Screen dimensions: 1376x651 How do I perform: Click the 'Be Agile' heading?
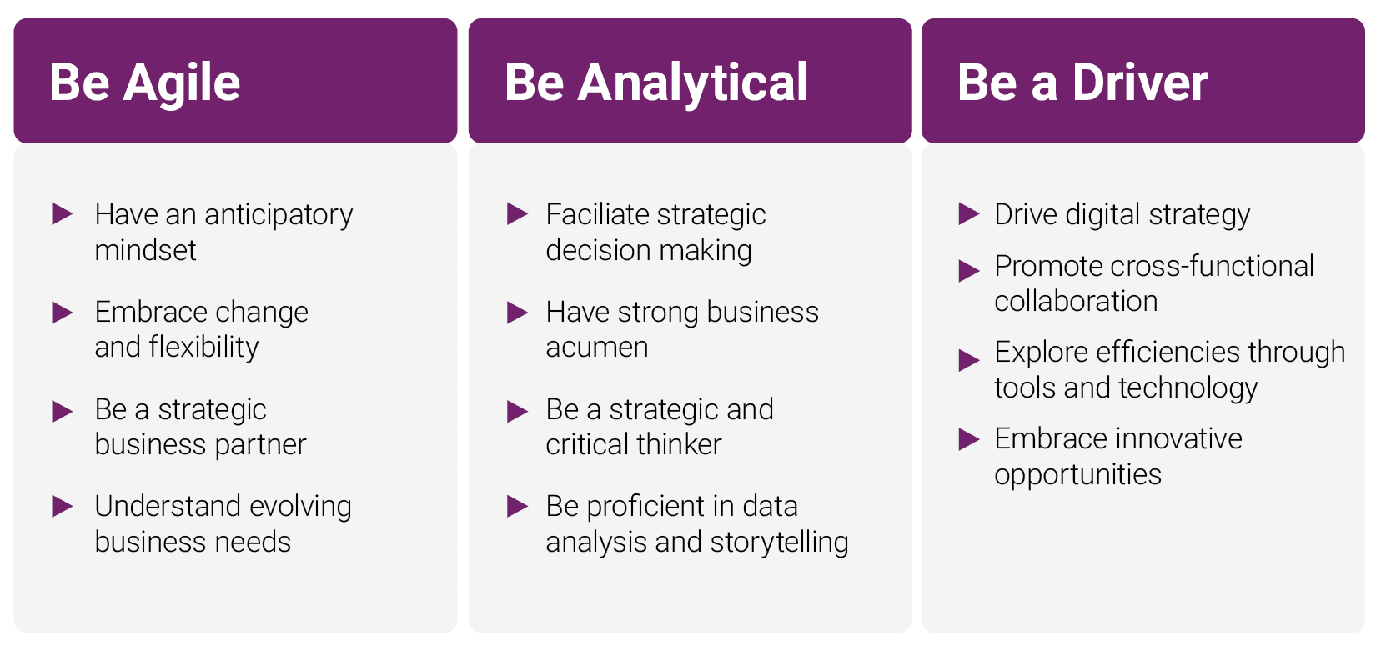(144, 83)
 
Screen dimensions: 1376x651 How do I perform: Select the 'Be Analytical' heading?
(656, 83)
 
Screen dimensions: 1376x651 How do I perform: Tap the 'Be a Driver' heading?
(1082, 83)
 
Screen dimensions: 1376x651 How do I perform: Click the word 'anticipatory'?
(279, 216)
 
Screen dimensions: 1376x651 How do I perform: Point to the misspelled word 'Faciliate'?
(597, 214)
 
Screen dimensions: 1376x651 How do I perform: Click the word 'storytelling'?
(779, 543)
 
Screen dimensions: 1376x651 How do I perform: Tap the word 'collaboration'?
(1076, 302)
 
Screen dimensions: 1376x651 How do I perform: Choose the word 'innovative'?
(1181, 439)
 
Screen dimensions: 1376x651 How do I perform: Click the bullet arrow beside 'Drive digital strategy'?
(969, 213)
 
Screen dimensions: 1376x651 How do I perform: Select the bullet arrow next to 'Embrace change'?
(62, 313)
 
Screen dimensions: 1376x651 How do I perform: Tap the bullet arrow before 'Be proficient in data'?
(517, 507)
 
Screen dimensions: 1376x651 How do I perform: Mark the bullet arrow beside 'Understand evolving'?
(62, 507)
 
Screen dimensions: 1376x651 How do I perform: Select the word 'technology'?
(1188, 389)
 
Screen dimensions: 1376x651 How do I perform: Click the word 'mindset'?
(145, 251)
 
